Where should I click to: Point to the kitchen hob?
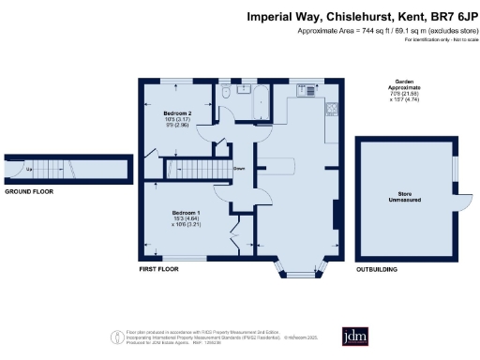pos(332,108)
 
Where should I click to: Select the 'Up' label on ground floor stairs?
pos(28,168)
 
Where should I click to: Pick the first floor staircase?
pos(196,169)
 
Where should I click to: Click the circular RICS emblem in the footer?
pos(117,335)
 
